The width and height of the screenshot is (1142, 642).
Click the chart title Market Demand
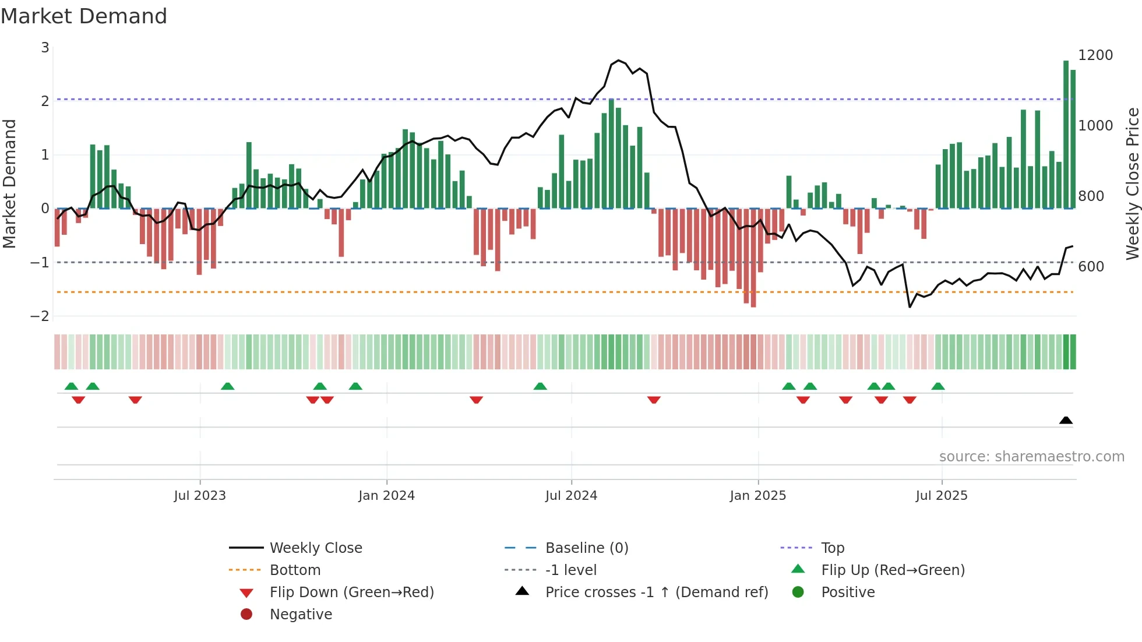[84, 16]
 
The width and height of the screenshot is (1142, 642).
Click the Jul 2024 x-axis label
[571, 495]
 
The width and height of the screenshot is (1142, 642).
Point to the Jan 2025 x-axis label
[757, 495]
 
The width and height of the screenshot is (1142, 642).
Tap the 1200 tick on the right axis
[1095, 55]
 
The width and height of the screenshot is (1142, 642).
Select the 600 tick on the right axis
[1091, 266]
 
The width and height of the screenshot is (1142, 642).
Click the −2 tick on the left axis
[40, 316]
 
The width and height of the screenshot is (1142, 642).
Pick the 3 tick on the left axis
[45, 47]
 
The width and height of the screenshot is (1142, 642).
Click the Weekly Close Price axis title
[1132, 184]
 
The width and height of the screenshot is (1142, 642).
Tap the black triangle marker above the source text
[1066, 420]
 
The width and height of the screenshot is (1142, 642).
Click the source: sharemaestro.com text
[1031, 456]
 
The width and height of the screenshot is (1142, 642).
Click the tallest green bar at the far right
[1066, 134]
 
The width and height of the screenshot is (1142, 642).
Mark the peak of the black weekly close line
[618, 60]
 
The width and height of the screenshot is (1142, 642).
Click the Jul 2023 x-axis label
[200, 495]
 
